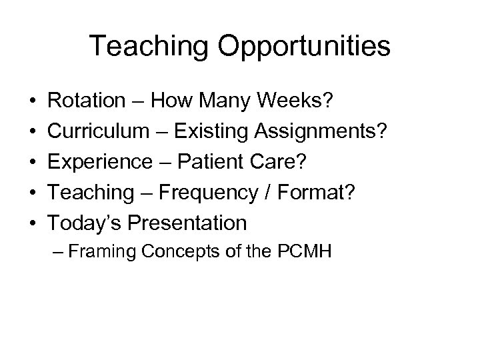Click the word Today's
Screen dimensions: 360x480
pyautogui.click(x=85, y=223)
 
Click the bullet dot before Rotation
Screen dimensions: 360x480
pyautogui.click(x=33, y=101)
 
